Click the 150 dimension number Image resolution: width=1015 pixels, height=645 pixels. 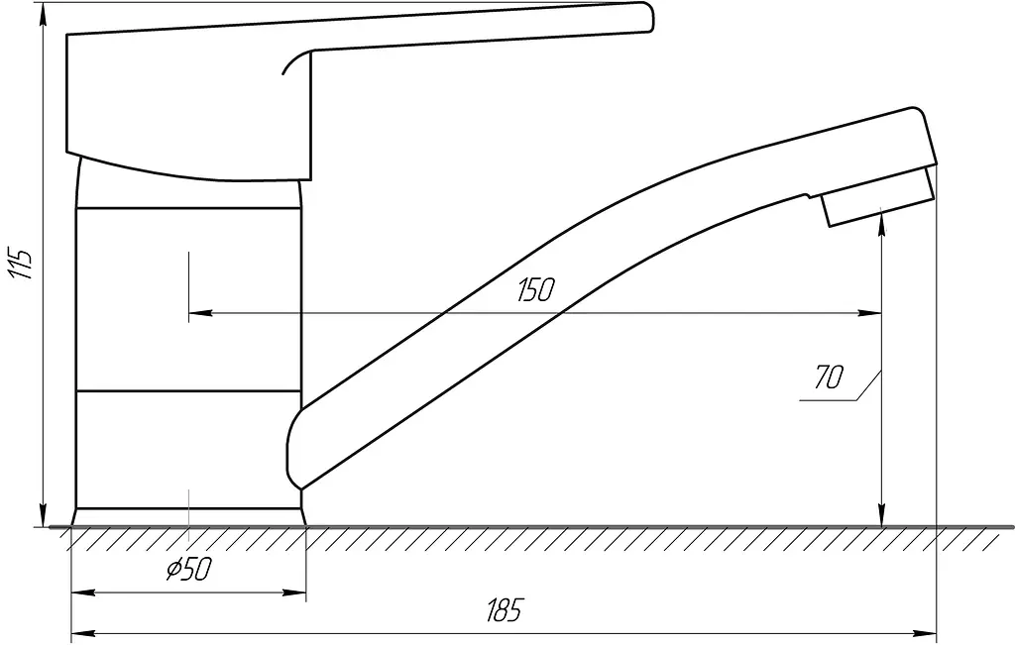coord(536,290)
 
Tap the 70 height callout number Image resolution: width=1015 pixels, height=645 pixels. coord(829,377)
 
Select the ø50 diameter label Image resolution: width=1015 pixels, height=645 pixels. coord(189,569)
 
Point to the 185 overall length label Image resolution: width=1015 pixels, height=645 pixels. coord(504,610)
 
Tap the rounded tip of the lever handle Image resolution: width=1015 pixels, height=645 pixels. coord(648,16)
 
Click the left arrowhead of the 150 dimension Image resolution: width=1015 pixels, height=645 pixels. coord(200,313)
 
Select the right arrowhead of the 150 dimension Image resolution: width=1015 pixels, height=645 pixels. coord(869,313)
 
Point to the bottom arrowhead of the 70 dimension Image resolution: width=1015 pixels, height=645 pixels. coord(881,515)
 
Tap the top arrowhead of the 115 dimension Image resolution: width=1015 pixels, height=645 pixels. coord(44,14)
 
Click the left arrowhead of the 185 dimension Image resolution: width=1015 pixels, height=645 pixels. coord(83,632)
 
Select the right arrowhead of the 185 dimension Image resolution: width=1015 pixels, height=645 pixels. coord(925,632)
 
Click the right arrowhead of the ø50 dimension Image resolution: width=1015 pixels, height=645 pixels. coord(293,591)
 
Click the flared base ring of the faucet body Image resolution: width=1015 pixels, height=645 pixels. coord(188,517)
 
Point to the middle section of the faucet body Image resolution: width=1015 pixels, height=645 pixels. coord(188,299)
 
